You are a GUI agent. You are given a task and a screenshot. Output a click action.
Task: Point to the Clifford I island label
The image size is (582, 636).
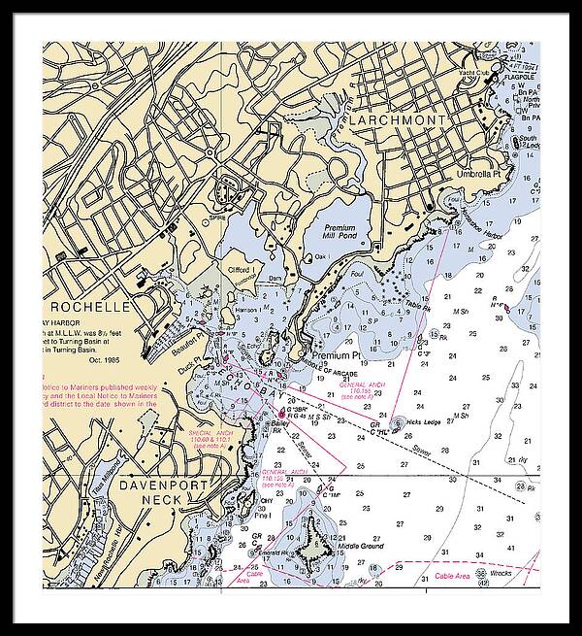239,269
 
